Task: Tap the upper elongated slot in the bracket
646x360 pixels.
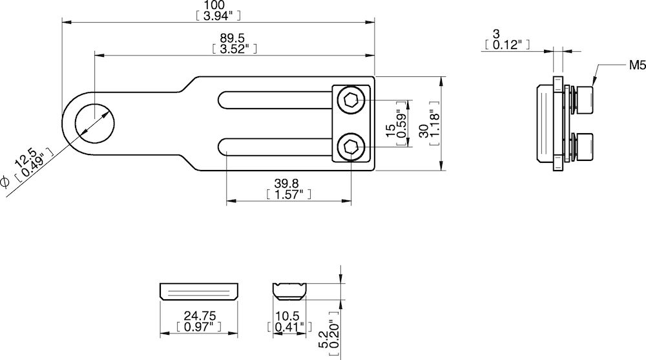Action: (x=275, y=100)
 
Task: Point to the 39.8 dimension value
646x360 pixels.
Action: (x=289, y=184)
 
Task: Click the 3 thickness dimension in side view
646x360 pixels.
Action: (x=495, y=34)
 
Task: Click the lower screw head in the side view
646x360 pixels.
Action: (x=584, y=147)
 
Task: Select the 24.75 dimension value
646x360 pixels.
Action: (x=199, y=316)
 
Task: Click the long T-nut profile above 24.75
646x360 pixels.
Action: (x=199, y=291)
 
